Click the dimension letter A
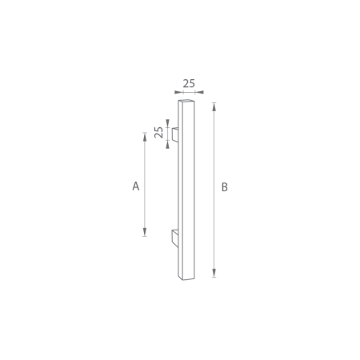[x=136, y=186]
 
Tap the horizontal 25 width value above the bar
[x=190, y=82]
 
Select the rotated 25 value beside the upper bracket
[x=159, y=133]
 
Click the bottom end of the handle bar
[x=184, y=278]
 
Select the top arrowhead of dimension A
[x=145, y=134]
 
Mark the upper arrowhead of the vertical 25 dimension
[x=168, y=126]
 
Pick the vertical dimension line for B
[x=214, y=160]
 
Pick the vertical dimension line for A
[x=145, y=160]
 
